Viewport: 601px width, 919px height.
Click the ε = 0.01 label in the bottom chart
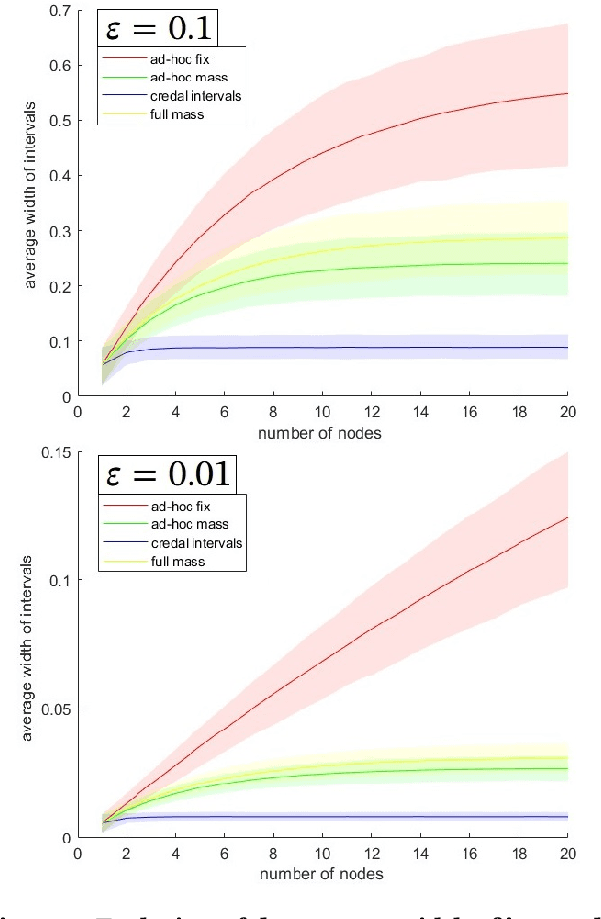(168, 476)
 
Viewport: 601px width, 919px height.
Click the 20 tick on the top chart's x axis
(568, 413)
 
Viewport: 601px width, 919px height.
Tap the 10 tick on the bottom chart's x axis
(322, 855)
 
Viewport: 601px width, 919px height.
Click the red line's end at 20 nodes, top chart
(568, 93)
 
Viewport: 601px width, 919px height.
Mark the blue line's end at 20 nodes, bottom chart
(568, 817)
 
